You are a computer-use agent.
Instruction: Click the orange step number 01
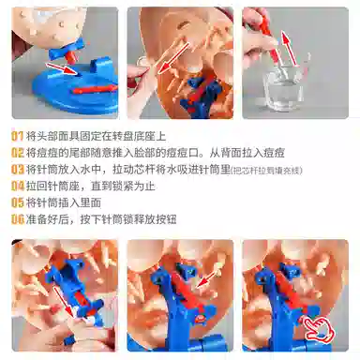pyautogui.click(x=18, y=134)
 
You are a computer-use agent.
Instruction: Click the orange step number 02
pyautogui.click(x=18, y=151)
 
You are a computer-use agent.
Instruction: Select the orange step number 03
pyautogui.click(x=18, y=169)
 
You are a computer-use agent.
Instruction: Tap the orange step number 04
pyautogui.click(x=18, y=186)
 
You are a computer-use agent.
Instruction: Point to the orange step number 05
pyautogui.click(x=18, y=202)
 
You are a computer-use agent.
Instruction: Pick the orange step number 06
pyautogui.click(x=18, y=218)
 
